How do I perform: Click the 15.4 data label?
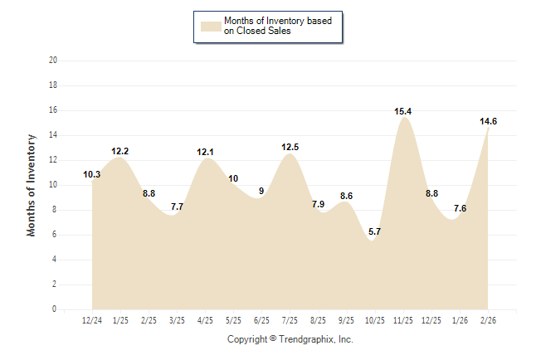click(403, 111)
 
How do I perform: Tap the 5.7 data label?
click(374, 231)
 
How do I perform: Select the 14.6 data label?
click(489, 122)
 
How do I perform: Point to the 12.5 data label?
click(290, 148)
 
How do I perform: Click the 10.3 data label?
click(92, 175)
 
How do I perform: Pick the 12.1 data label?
click(205, 153)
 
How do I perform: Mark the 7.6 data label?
click(460, 208)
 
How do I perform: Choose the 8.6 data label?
click(347, 196)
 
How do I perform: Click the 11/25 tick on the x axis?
click(403, 319)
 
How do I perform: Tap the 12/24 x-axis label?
click(92, 319)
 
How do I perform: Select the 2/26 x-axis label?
click(489, 319)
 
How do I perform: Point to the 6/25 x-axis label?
click(261, 319)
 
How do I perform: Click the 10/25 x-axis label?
click(375, 319)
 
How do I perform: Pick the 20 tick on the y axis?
click(53, 61)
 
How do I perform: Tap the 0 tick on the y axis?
click(56, 309)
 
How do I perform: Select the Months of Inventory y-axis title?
click(32, 185)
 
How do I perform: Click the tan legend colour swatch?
click(211, 26)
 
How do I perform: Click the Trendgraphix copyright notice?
click(290, 339)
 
